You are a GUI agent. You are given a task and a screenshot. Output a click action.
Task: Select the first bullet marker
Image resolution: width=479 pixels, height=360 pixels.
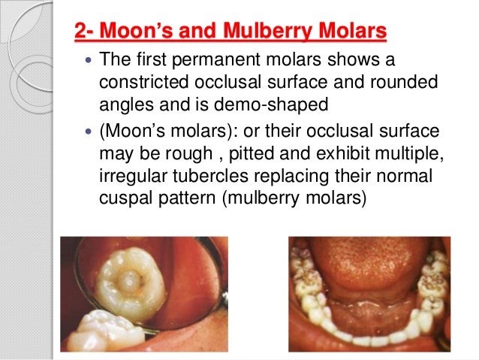89,60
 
